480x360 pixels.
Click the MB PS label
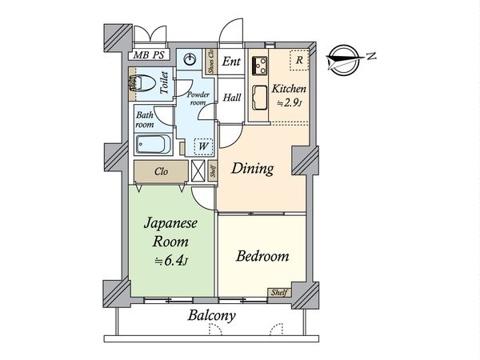148,56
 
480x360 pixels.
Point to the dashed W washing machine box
202,146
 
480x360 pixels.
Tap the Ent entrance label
231,62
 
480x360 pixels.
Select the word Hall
232,98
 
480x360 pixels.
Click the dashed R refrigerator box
298,60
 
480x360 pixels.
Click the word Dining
253,169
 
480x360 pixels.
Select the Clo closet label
161,170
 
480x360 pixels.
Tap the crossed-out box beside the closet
199,170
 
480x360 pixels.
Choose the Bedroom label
262,257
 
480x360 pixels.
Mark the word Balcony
211,315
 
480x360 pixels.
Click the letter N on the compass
370,55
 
